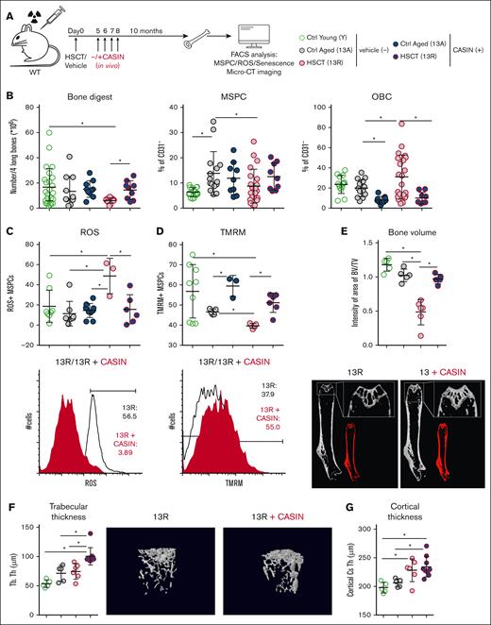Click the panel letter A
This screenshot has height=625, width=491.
click(x=8, y=7)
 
